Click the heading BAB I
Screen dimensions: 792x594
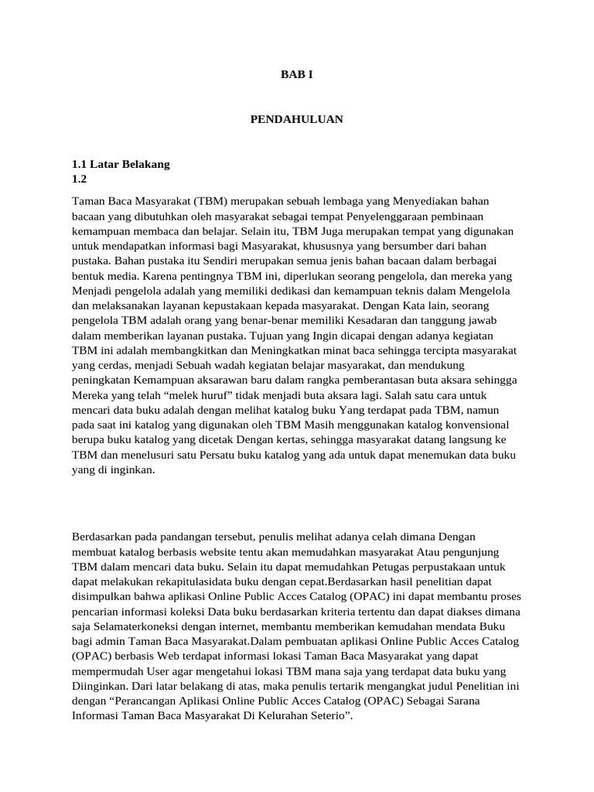coord(296,75)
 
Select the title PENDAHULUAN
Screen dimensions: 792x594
coord(296,120)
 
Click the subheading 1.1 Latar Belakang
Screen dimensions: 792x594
coord(121,164)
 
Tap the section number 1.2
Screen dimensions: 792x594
coord(80,179)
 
